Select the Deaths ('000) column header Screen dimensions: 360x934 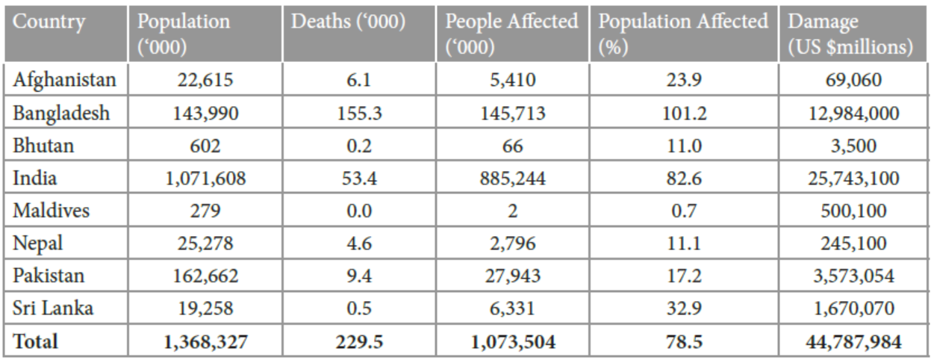point(348,22)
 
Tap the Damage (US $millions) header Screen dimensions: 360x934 point(850,34)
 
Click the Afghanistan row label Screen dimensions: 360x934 point(64,80)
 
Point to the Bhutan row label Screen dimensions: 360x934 point(43,145)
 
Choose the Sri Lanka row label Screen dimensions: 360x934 point(52,308)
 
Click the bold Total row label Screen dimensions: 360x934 point(35,341)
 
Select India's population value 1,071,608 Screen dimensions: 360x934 point(205,179)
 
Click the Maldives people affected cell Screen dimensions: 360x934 point(511,211)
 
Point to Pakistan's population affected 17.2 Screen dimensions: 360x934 point(683,276)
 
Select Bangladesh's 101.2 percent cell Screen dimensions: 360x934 point(683,113)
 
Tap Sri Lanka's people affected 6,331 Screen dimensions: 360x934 point(511,308)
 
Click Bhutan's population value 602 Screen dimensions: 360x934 point(205,145)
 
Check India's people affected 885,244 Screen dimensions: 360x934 point(511,179)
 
